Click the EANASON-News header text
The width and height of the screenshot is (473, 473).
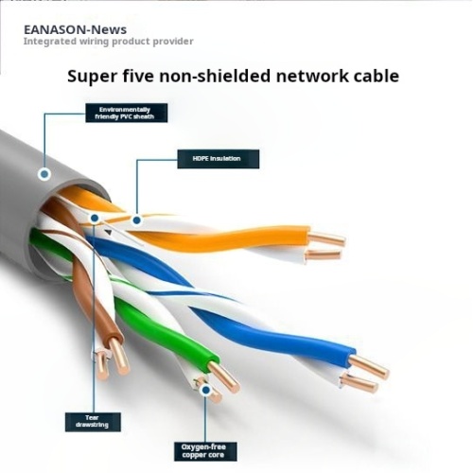coord(75,29)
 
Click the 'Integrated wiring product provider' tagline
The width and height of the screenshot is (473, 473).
coord(108,42)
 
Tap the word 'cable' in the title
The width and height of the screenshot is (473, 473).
coord(371,76)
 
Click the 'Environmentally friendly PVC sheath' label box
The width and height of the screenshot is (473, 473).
coord(125,113)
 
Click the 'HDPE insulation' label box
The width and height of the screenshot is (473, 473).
coord(217,159)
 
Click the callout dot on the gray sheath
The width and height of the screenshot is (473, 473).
coord(44,174)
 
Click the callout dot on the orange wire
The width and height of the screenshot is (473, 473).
coord(137,219)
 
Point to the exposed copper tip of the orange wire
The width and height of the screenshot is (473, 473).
coord(326,239)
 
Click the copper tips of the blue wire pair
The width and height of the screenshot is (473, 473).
coord(365,373)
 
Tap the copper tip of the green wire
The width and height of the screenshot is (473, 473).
coord(225,377)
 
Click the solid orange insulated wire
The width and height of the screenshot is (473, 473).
coord(236,237)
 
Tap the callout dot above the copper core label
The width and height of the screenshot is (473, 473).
coord(202,387)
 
